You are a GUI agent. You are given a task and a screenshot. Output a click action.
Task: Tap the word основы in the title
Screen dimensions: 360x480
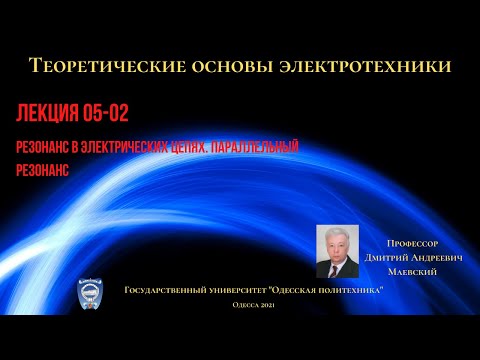[x=235, y=66]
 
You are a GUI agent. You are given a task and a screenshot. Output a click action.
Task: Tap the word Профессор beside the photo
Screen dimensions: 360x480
[x=414, y=242]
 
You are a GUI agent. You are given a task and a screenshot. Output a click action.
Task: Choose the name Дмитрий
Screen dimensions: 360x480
[x=385, y=257]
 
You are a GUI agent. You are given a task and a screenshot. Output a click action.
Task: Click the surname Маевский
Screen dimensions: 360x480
[x=412, y=272]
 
